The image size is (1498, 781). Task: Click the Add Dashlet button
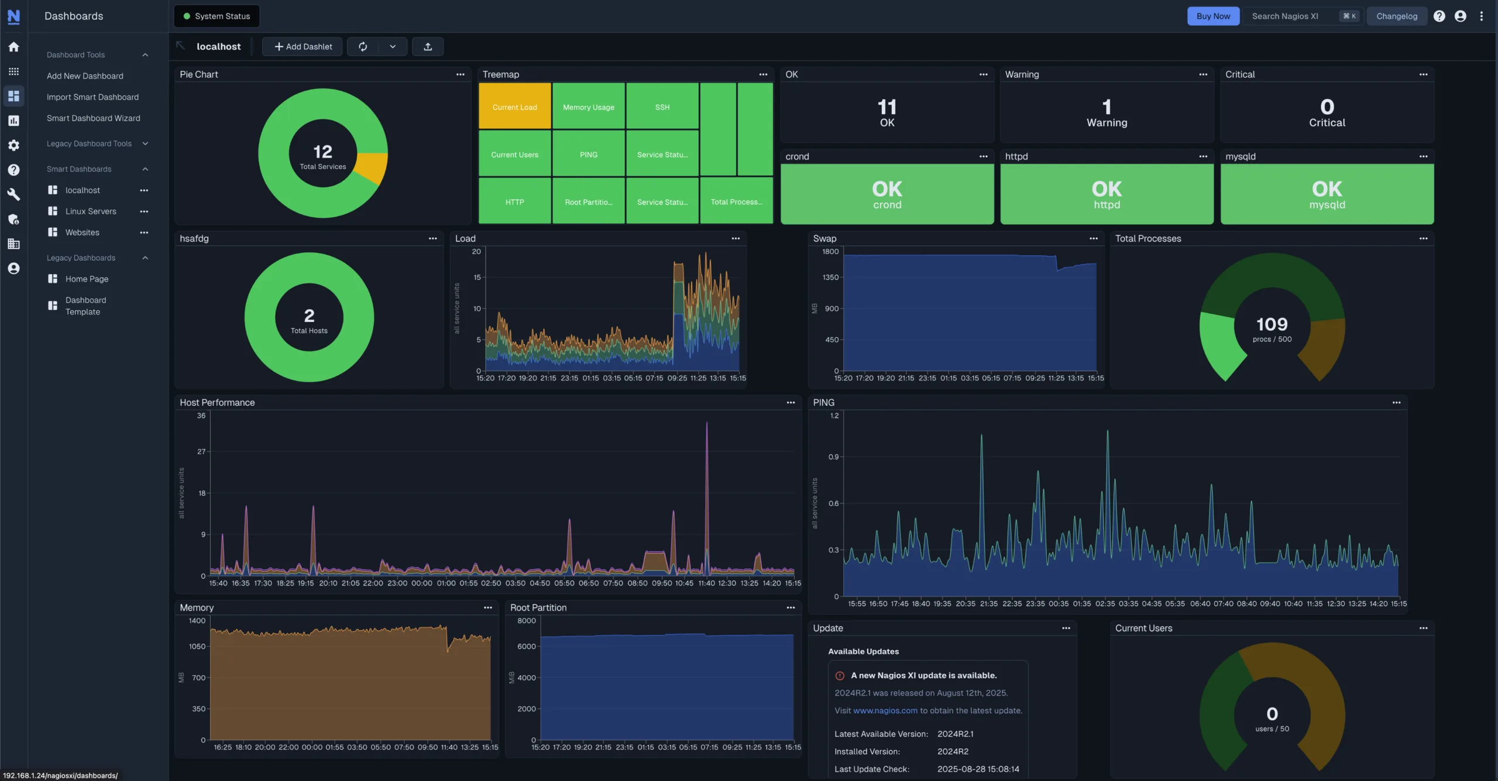[303, 47]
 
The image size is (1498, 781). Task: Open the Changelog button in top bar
[1396, 16]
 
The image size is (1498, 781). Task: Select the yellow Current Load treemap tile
[514, 107]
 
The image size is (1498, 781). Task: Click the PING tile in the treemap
[588, 155]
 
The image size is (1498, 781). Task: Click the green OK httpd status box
[1106, 194]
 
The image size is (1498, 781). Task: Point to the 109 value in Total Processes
[1272, 324]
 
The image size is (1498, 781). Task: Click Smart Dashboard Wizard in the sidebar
[93, 118]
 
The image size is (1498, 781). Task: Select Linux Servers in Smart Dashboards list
[91, 211]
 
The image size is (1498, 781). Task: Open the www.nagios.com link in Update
[885, 710]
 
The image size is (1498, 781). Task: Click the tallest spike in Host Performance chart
[706, 427]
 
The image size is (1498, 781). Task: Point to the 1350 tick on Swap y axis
[830, 278]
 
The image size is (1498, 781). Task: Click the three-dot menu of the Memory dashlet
[487, 608]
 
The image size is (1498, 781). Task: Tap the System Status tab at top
[217, 16]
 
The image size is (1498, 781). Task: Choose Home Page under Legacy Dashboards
[87, 279]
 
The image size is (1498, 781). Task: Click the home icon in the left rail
[13, 47]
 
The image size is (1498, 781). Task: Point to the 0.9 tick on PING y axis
[833, 457]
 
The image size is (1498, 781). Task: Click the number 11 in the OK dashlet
[887, 107]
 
